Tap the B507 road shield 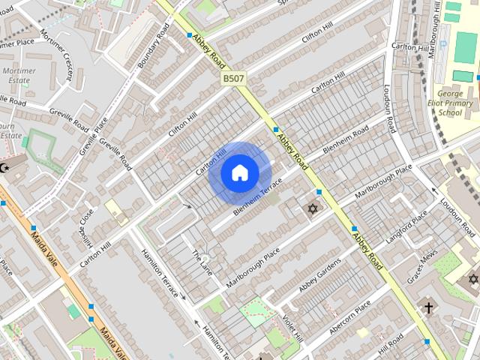pyautogui.click(x=232, y=78)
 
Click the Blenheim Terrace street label pyautogui.click(x=257, y=197)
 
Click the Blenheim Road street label pyautogui.click(x=345, y=141)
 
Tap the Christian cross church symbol pyautogui.click(x=428, y=307)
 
